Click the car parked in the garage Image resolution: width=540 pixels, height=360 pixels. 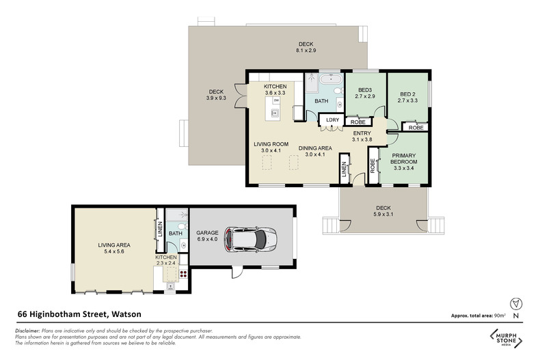click(x=251, y=239)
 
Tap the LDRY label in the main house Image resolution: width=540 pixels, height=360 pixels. click(x=333, y=120)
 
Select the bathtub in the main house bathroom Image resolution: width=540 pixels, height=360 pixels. click(x=331, y=79)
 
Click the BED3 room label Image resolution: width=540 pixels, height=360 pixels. click(x=365, y=90)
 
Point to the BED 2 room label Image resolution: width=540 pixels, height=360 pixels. click(x=408, y=94)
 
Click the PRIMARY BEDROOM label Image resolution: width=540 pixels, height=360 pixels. click(x=403, y=158)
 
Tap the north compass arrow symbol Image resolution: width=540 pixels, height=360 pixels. click(x=516, y=304)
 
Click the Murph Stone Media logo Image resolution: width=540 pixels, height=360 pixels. click(x=507, y=338)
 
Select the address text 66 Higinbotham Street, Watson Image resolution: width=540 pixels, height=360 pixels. click(x=79, y=314)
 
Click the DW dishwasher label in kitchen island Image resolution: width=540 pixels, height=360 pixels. click(x=276, y=100)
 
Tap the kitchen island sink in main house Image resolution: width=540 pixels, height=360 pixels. click(x=275, y=113)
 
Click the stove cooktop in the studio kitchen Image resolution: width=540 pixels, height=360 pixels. click(x=183, y=275)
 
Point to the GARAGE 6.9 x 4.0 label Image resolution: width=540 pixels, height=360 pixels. click(x=207, y=236)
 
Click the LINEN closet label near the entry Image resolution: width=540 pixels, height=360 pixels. click(x=344, y=169)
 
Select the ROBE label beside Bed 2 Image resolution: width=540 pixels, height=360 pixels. click(x=416, y=128)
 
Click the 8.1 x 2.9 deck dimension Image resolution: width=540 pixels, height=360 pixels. click(x=306, y=51)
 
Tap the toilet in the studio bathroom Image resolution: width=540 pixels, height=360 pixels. click(x=183, y=227)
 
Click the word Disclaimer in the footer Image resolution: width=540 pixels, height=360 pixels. click(x=27, y=331)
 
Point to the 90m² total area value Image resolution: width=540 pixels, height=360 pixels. click(x=500, y=316)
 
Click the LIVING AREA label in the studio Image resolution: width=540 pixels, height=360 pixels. click(x=114, y=245)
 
